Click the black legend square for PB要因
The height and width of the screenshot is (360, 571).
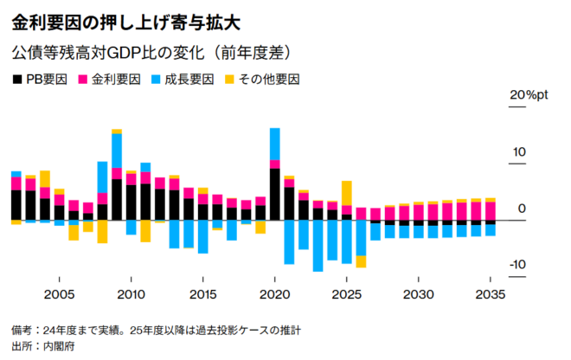(x=18, y=80)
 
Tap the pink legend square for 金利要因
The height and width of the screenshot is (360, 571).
(x=85, y=80)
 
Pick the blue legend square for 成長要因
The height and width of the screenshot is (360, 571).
(x=157, y=80)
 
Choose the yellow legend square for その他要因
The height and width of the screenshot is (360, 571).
(x=228, y=80)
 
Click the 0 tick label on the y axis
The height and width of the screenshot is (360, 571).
(x=521, y=209)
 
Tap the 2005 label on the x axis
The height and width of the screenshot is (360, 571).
(x=59, y=295)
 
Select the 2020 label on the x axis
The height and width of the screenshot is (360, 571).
(x=274, y=295)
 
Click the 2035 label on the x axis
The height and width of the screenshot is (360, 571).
(x=491, y=295)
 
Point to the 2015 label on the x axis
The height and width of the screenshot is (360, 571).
(x=202, y=295)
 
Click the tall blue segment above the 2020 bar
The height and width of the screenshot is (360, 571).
(x=274, y=144)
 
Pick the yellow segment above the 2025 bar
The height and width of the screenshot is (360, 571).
(x=347, y=193)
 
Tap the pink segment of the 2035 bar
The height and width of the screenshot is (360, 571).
(x=491, y=210)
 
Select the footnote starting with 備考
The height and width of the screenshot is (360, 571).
(x=156, y=331)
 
